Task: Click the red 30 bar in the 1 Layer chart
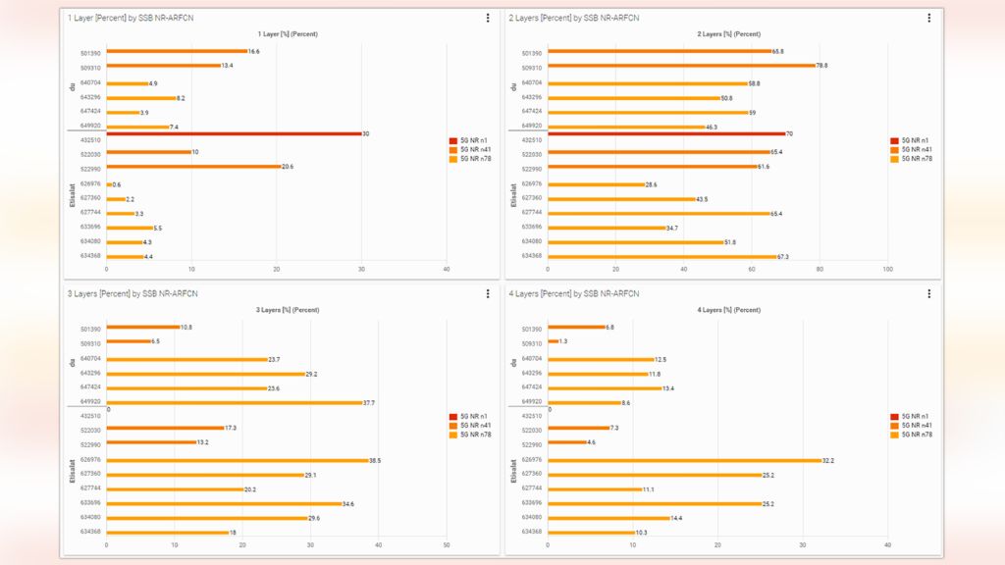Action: tap(234, 133)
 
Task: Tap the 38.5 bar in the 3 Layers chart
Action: tap(237, 460)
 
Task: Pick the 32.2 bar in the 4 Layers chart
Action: tap(684, 460)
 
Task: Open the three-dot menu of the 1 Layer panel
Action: tap(488, 18)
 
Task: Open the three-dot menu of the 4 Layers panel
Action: tap(928, 293)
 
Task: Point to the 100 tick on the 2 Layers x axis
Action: tap(887, 269)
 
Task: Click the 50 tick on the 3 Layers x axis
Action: tap(447, 544)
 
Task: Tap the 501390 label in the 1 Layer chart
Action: tap(90, 53)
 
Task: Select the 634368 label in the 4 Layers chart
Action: tap(532, 532)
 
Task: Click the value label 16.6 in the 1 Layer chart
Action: tap(254, 51)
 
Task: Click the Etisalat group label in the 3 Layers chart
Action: tap(72, 473)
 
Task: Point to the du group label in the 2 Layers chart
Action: tap(513, 87)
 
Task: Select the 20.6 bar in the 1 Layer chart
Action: tap(193, 167)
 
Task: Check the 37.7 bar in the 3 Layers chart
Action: tap(235, 402)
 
